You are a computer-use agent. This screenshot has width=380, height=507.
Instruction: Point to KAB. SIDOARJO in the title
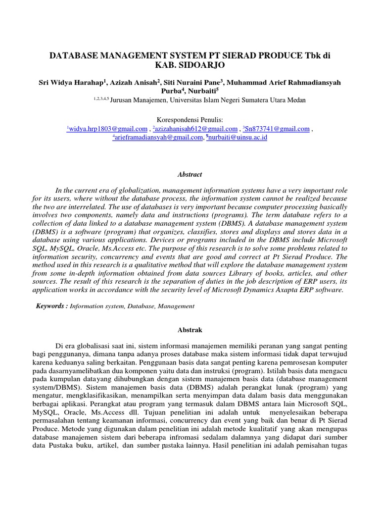coord(190,65)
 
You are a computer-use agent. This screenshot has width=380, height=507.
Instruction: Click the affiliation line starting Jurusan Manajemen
coord(208,100)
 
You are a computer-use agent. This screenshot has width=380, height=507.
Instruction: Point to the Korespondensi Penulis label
coord(190,119)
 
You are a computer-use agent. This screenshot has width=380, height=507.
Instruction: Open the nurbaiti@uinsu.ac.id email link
coord(237,138)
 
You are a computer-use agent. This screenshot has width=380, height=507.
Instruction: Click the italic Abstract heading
coord(190,174)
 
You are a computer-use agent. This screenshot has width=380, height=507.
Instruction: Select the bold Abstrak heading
coord(190,329)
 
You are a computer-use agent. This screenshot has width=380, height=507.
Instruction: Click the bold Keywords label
coord(51,306)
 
